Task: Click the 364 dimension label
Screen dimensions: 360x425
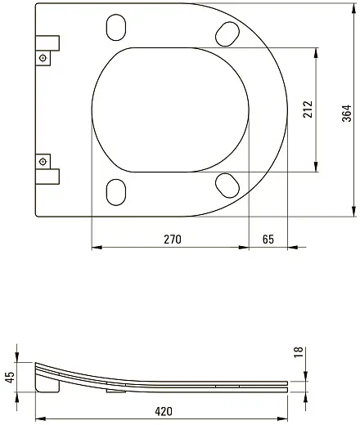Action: pos(347,113)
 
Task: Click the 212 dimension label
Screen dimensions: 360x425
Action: pos(308,110)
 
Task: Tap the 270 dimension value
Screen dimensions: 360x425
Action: pos(173,239)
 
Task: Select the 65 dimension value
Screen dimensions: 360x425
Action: pos(268,239)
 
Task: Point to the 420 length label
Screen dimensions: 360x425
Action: pos(164,411)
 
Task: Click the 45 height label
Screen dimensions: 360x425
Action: pos(11,378)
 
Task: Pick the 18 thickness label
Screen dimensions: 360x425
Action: pos(299,352)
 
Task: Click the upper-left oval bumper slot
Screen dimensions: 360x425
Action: pos(116,28)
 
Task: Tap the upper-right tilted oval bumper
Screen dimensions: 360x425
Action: pos(227,34)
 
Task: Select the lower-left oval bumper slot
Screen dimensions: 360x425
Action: pos(116,192)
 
